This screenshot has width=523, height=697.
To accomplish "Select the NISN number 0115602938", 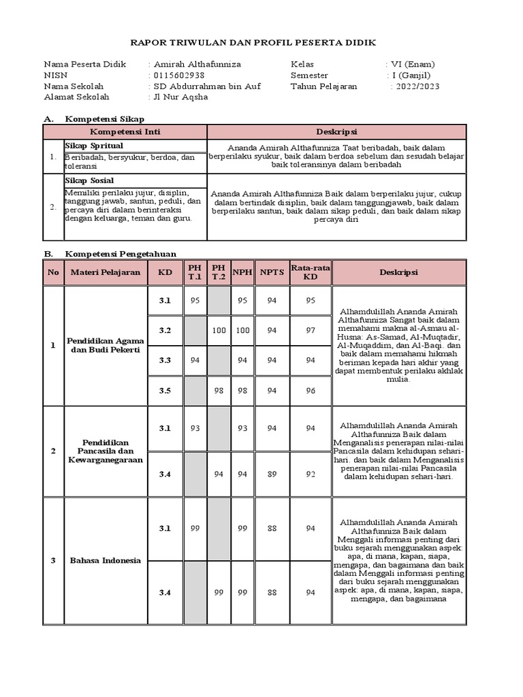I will (179, 76).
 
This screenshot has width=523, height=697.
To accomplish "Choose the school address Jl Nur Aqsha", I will (180, 97).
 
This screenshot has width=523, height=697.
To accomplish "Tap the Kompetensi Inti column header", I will (125, 132).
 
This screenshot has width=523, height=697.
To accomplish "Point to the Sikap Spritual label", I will (94, 146).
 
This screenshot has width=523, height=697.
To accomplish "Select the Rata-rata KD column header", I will (310, 272).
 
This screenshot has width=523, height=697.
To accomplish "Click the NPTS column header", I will (272, 272).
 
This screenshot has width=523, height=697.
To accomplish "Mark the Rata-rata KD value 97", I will (310, 331).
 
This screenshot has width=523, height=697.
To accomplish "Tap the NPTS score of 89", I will (272, 474).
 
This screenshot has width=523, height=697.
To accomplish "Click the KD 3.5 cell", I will (165, 391).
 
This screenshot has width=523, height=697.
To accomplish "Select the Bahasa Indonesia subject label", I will (106, 561).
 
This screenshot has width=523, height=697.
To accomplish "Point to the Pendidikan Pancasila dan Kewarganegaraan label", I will (106, 451).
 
